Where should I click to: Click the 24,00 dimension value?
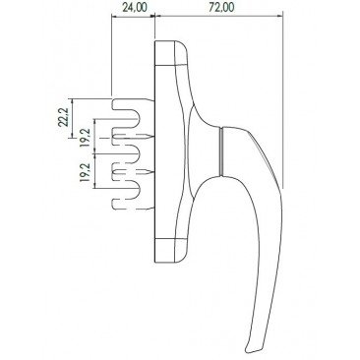135,8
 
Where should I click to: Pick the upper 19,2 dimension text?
85,138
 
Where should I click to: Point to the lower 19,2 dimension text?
85,172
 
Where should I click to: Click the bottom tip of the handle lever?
249,351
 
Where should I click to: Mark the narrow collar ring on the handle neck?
222,151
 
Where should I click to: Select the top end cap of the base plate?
170,52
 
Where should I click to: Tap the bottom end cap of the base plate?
170,250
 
